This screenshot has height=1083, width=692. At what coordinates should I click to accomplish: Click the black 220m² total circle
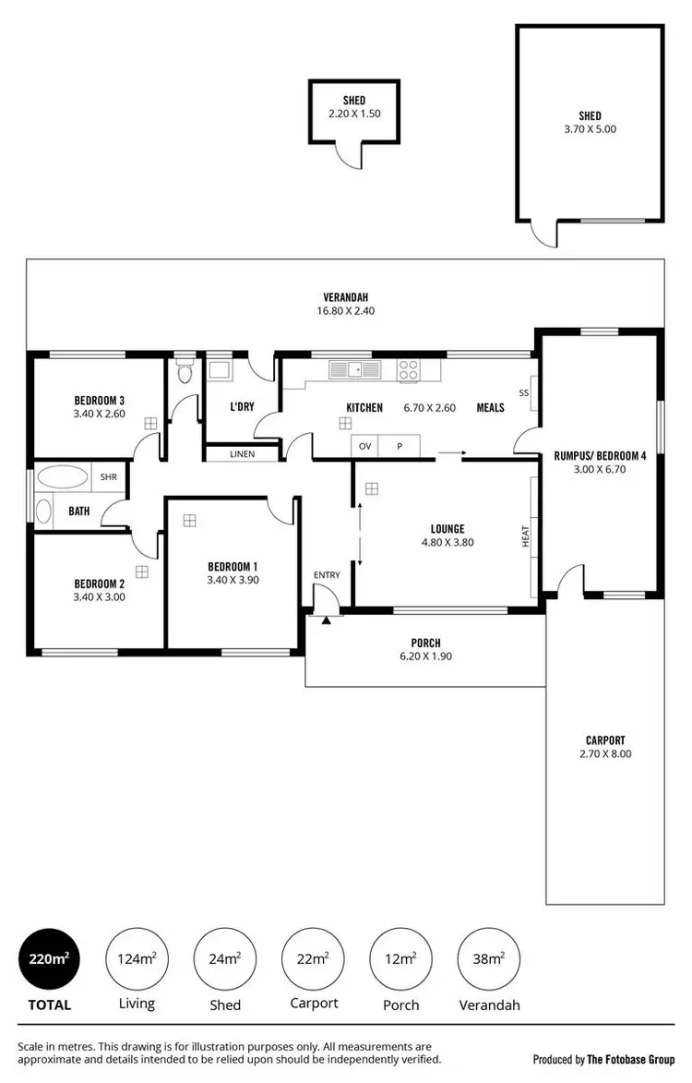(x=49, y=958)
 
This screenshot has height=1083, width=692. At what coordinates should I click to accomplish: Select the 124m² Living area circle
(x=136, y=958)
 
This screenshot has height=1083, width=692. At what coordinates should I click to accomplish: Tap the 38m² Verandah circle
(x=488, y=958)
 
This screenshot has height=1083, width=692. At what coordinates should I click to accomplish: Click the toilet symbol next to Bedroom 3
(x=185, y=373)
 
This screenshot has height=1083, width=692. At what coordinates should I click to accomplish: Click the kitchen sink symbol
(x=354, y=371)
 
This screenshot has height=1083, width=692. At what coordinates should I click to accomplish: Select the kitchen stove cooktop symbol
(x=409, y=371)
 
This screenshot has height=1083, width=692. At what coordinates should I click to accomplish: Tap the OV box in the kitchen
(x=365, y=446)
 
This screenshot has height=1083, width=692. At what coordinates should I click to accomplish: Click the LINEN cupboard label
(x=242, y=454)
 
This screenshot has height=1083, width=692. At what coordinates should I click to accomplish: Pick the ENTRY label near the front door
(x=327, y=575)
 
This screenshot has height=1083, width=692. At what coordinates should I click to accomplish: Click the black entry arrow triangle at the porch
(x=326, y=620)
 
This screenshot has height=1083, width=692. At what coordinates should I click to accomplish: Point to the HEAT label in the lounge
(x=526, y=535)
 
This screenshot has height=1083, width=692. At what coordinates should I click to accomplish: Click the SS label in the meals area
(x=524, y=392)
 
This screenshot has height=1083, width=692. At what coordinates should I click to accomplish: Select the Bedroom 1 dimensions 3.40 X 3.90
(x=233, y=580)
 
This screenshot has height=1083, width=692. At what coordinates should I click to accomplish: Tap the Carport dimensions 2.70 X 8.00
(x=605, y=753)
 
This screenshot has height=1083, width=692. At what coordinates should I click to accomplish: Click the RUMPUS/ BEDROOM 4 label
(x=599, y=455)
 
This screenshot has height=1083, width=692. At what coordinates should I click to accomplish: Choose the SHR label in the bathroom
(x=108, y=477)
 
